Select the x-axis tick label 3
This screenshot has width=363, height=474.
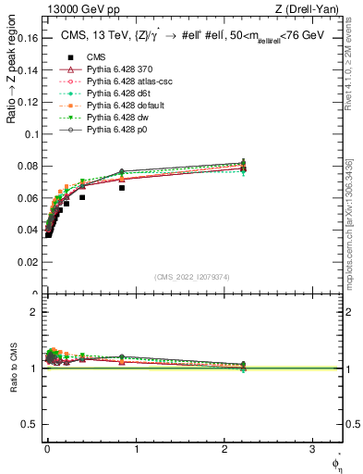[311, 448]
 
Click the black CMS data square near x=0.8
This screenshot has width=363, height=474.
[122, 187]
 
